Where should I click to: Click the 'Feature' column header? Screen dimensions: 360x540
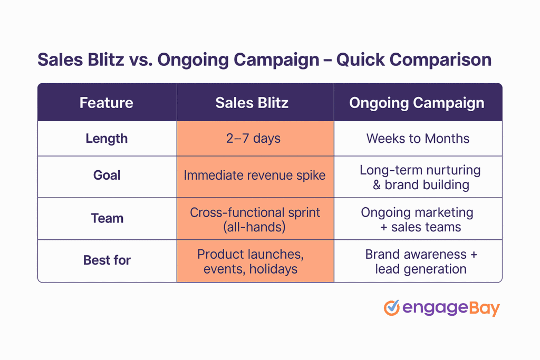(x=107, y=103)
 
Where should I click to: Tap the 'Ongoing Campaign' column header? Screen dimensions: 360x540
(x=417, y=103)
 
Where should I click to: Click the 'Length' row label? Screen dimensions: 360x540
(x=107, y=139)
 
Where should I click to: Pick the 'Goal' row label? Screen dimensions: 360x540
(x=107, y=175)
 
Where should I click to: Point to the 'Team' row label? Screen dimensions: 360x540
(x=107, y=218)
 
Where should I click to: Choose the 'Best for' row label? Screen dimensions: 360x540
(x=107, y=260)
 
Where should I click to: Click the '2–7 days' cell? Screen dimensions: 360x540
(x=254, y=139)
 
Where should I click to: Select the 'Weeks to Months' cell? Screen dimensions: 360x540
(x=418, y=139)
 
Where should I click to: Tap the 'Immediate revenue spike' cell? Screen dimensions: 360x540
(x=255, y=176)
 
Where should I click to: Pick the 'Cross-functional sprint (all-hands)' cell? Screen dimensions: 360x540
(x=255, y=220)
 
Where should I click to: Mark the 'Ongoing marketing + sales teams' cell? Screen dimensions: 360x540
(x=417, y=220)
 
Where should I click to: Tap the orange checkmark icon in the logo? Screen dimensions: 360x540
(x=391, y=308)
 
